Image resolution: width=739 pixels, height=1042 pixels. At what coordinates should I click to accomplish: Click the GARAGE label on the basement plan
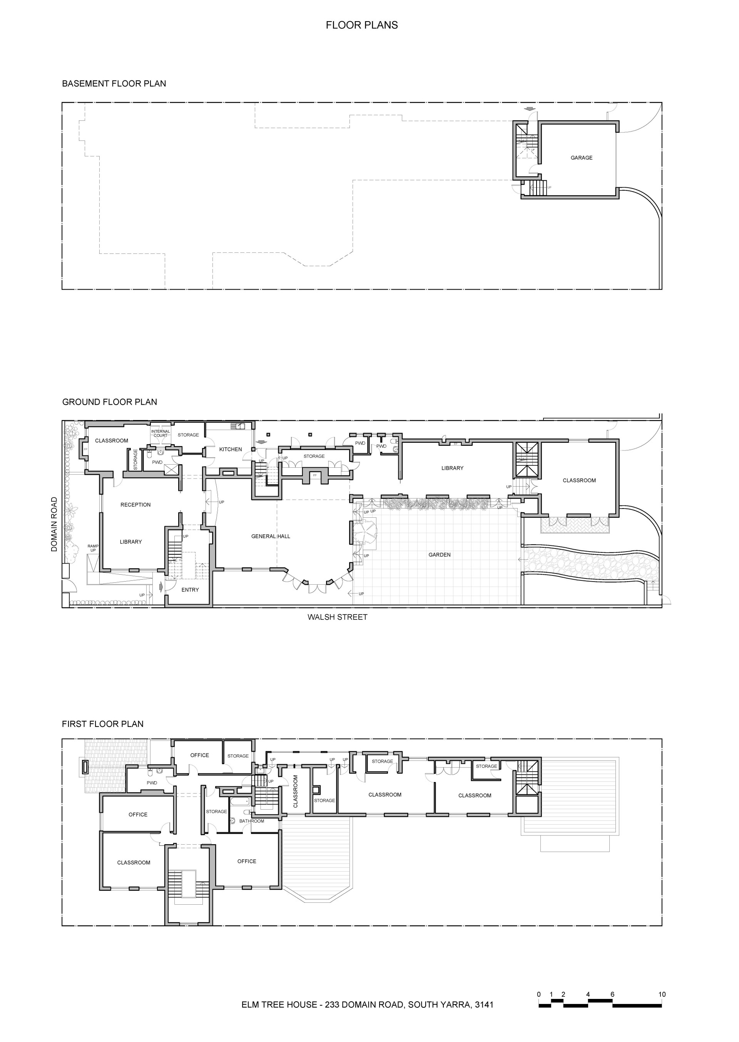coord(581,158)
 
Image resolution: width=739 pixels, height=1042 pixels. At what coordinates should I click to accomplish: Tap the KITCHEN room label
coord(231,449)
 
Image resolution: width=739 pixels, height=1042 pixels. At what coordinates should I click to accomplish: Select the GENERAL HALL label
coord(271,537)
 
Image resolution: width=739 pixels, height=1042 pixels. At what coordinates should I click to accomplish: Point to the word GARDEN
coord(440,555)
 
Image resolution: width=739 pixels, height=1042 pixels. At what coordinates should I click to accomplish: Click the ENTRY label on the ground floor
coord(190,590)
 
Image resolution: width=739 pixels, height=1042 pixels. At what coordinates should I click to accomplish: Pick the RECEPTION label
coord(135,505)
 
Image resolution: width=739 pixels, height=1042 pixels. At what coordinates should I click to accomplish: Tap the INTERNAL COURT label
coord(161,433)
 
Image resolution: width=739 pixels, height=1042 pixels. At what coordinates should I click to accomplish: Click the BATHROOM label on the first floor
coord(252,821)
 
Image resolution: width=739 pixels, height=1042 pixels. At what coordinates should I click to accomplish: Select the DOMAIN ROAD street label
coord(54,524)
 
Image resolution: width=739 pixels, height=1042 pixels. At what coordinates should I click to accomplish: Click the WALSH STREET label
coord(337,617)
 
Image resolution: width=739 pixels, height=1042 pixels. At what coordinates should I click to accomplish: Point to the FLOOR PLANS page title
coord(362,25)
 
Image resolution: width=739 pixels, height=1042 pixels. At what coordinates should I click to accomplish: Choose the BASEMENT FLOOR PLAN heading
coord(114,83)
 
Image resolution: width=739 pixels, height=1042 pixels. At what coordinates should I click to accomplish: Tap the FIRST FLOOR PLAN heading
coord(103,724)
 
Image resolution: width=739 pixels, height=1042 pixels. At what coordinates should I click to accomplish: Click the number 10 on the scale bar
coord(662,994)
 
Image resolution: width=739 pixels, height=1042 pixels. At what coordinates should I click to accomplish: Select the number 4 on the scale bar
coord(588,994)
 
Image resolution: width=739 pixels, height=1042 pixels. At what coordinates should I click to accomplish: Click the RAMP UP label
coord(93,548)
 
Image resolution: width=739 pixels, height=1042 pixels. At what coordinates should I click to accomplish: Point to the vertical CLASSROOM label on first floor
coord(295,791)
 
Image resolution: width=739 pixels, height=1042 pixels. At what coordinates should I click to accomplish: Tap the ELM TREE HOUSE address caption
coord(368,1004)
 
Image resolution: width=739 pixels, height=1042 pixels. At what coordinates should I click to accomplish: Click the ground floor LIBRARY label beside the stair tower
coord(452,468)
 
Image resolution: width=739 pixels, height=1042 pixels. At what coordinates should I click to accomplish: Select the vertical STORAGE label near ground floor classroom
coord(135,459)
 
